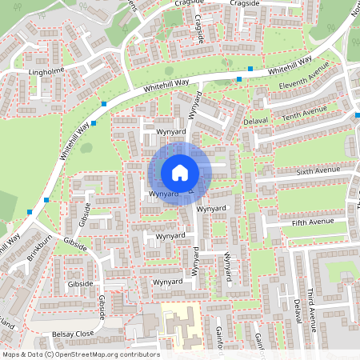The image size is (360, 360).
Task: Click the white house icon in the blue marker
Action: (180, 172)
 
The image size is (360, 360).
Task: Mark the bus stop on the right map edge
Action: (357, 116)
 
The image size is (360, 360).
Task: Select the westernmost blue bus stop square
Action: (30, 211)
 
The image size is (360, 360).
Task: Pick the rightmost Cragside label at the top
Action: (245, 3)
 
